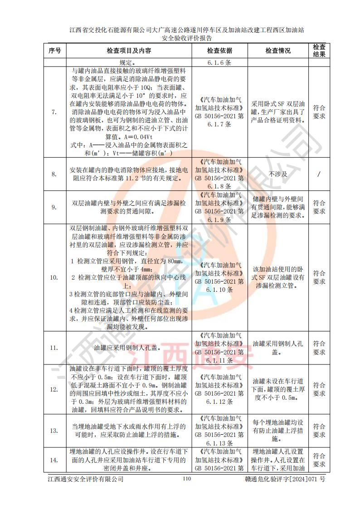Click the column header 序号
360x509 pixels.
tap(55, 51)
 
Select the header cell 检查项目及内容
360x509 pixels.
tap(129, 51)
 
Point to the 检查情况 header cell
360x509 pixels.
tap(278, 51)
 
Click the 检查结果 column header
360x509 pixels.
tap(319, 50)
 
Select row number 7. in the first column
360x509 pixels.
tap(55, 112)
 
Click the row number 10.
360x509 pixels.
tap(55, 277)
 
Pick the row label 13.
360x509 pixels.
tap(55, 431)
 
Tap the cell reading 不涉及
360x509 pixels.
tap(278, 174)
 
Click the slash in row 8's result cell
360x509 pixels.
tap(319, 174)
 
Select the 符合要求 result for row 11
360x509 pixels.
tap(319, 348)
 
